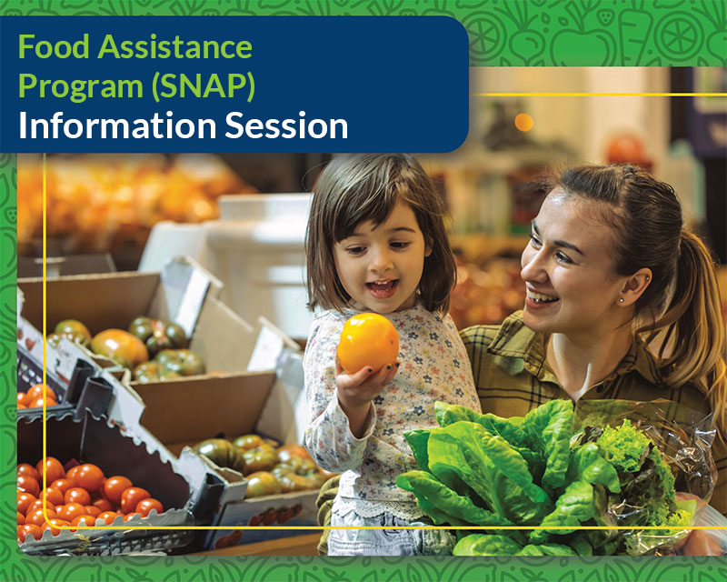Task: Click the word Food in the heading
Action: (x=54, y=47)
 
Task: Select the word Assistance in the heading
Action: (x=174, y=47)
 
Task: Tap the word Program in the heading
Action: (x=81, y=86)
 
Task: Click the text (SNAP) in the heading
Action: (x=204, y=86)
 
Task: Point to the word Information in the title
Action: (x=117, y=125)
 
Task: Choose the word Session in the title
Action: (x=286, y=125)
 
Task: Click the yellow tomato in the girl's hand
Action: (x=368, y=343)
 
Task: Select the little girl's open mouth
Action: (x=382, y=287)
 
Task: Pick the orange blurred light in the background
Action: (x=524, y=122)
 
